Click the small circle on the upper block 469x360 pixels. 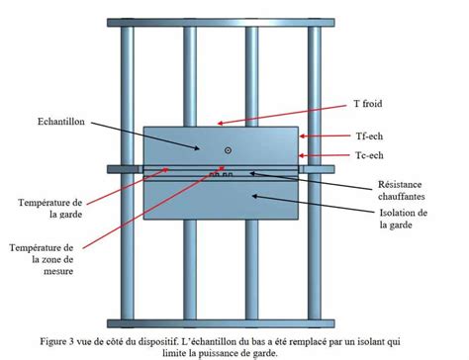(229, 150)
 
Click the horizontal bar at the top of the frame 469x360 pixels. (221, 10)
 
